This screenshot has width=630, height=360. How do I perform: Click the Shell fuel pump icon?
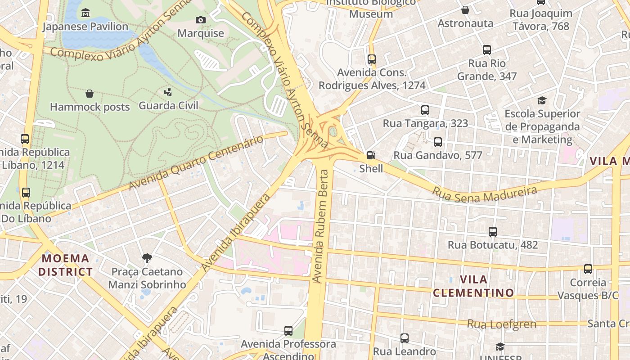coord(371,156)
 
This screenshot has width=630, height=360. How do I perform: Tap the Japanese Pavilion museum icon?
coord(85,13)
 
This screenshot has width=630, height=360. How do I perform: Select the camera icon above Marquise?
coord(201,20)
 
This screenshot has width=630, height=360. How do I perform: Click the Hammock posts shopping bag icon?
coord(90,94)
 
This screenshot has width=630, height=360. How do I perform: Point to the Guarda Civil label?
coord(168,105)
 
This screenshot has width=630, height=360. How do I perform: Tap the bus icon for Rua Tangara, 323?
coord(425,110)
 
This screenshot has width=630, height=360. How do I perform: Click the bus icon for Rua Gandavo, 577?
coord(437,143)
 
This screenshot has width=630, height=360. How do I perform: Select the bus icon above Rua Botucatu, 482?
coord(493,232)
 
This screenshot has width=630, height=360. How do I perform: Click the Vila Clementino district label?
coord(473,286)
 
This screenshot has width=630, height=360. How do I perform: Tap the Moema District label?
coord(65,265)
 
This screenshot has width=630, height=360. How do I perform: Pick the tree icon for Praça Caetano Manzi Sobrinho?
coord(147,258)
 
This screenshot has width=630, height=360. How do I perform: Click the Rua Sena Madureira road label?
coord(485,194)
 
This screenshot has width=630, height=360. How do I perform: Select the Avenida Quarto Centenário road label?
coord(196,162)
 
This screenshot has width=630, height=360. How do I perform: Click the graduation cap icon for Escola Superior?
coord(542,100)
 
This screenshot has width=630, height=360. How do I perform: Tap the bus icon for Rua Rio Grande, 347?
coord(486,50)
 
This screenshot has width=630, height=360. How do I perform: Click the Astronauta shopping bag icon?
coord(465,10)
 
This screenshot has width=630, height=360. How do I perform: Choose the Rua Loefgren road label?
coord(501,324)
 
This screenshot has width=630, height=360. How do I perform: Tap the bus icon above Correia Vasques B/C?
coord(588,269)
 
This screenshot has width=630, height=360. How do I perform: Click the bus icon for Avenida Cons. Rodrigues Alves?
coord(371,59)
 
